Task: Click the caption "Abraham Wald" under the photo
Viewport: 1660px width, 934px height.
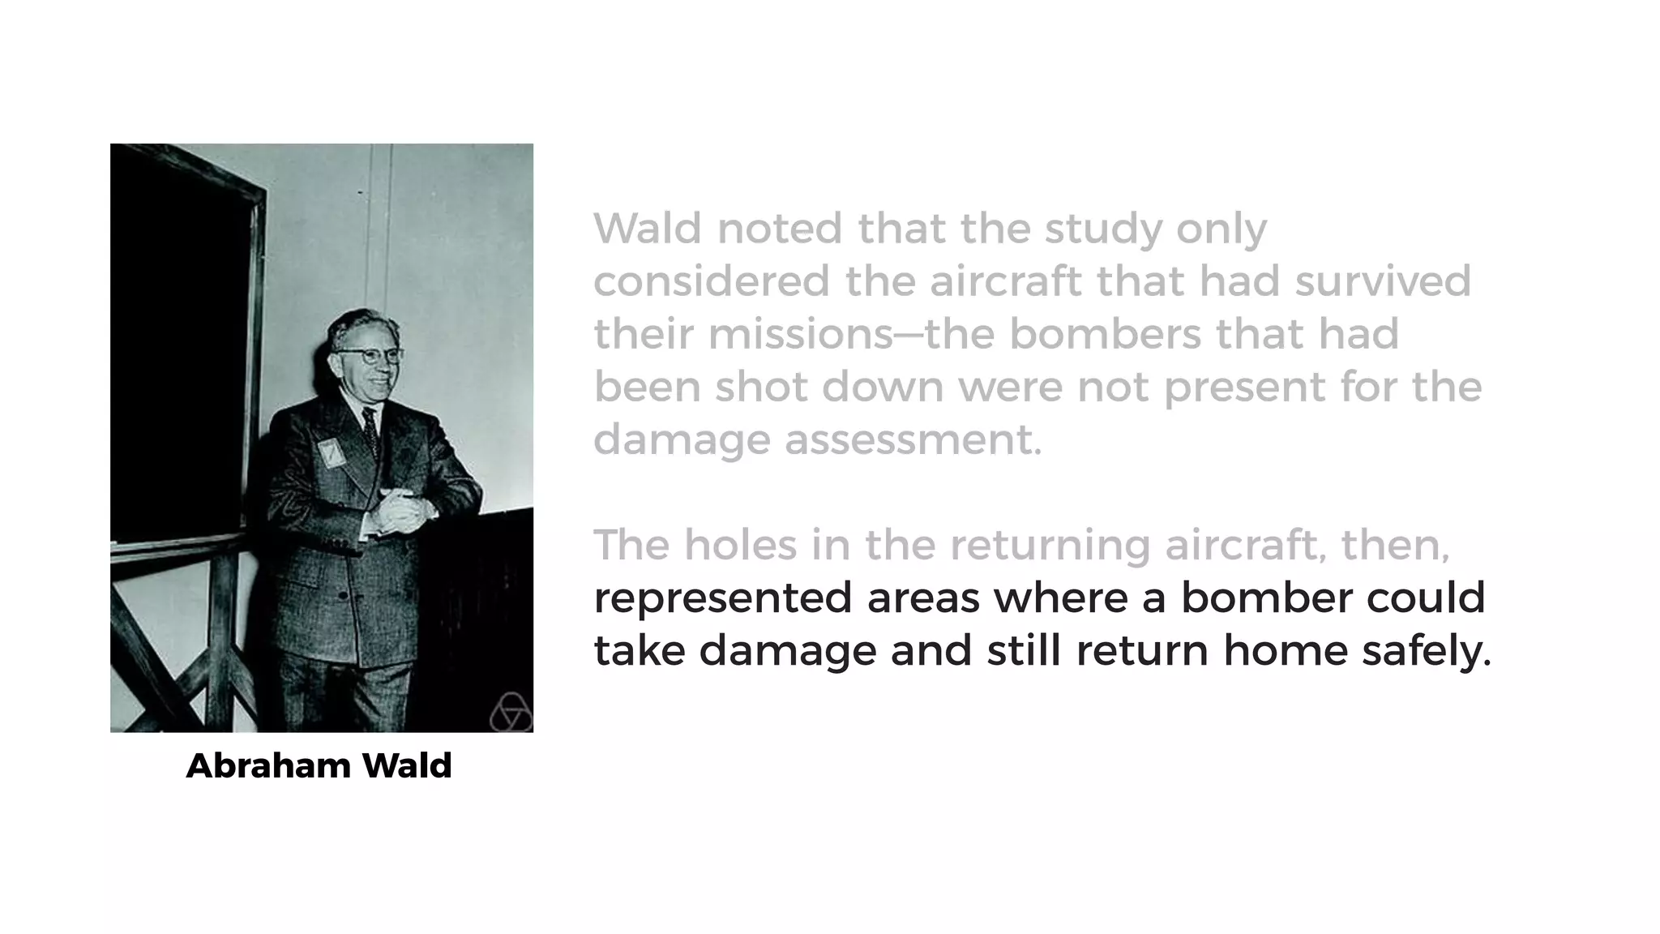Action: coord(319,766)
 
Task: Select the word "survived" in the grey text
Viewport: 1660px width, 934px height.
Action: coord(1382,281)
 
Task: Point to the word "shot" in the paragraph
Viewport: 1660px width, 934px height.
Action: coord(760,387)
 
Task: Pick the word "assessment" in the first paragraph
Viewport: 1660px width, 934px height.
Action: coord(912,440)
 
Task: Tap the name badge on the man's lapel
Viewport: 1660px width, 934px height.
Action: coord(330,452)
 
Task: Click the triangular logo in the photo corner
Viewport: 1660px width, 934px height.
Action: coord(511,713)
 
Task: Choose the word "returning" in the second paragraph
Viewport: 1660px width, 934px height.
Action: coord(1050,546)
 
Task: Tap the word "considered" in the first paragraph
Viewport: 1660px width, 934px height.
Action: coord(712,281)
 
